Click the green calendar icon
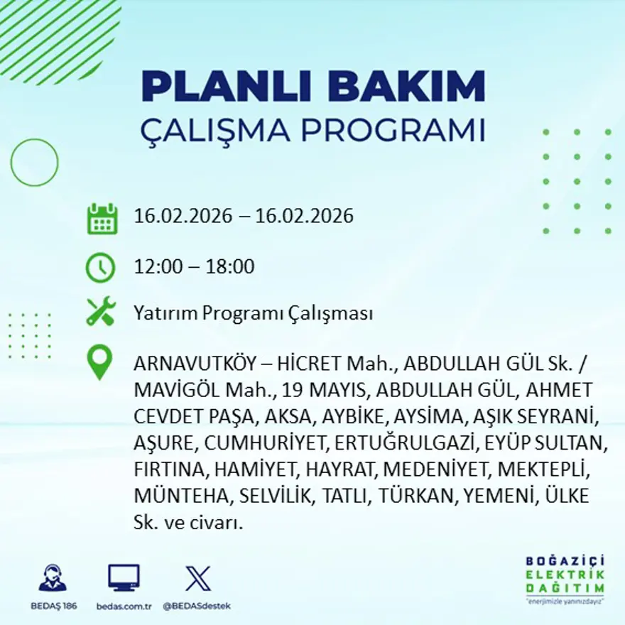pyautogui.click(x=102, y=219)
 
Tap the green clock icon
pyautogui.click(x=100, y=268)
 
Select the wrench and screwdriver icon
pyautogui.click(x=101, y=312)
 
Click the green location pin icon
pyautogui.click(x=99, y=362)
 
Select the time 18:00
pyautogui.click(x=229, y=267)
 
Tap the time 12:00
pyautogui.click(x=158, y=267)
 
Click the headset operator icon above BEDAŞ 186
pyautogui.click(x=53, y=578)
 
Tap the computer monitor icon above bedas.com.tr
pyautogui.click(x=124, y=578)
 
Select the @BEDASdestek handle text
pyautogui.click(x=197, y=606)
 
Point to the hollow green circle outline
pyautogui.click(x=34, y=163)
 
